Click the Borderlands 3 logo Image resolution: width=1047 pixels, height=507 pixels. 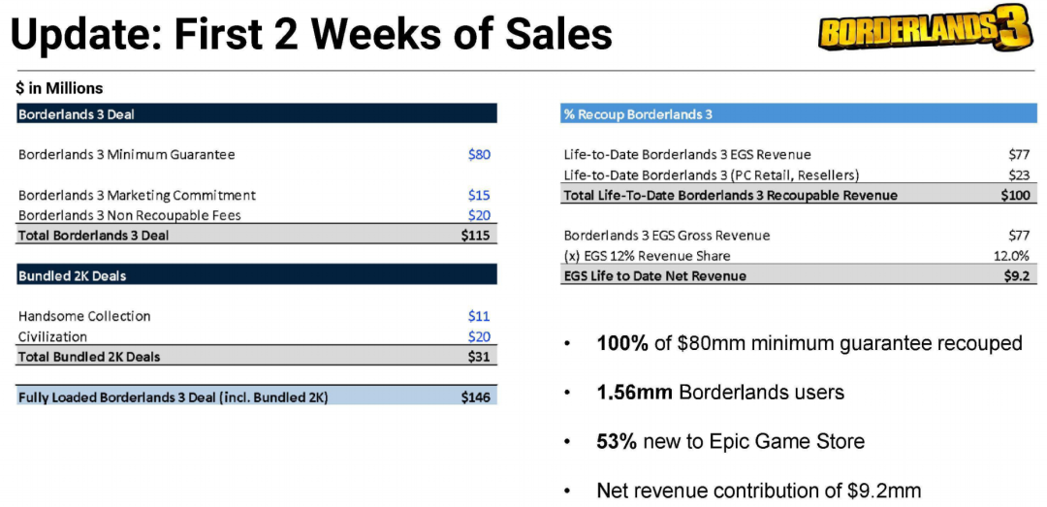(924, 32)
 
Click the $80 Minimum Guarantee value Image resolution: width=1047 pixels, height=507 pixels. (479, 154)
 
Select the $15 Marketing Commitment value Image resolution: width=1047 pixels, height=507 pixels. (479, 195)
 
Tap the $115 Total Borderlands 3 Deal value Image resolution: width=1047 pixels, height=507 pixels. (476, 236)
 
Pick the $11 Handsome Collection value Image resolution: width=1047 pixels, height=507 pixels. (479, 316)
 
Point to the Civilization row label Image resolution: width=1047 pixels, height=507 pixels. (52, 336)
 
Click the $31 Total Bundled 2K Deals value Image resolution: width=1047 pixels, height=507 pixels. (479, 357)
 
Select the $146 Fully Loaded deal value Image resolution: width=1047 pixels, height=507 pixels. (476, 396)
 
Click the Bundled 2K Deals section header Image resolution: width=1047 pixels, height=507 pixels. (72, 276)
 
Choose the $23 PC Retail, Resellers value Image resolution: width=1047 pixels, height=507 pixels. (1018, 174)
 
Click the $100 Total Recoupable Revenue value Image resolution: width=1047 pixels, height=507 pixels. (1015, 195)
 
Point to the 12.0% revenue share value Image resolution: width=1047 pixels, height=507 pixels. (1012, 256)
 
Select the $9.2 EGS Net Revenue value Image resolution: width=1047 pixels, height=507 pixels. (1015, 276)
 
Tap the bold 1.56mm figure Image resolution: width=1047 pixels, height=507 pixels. (634, 393)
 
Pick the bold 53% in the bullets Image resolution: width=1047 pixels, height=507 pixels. (617, 441)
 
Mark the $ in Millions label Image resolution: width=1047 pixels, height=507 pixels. (59, 88)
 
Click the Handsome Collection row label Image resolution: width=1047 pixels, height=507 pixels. (84, 316)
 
